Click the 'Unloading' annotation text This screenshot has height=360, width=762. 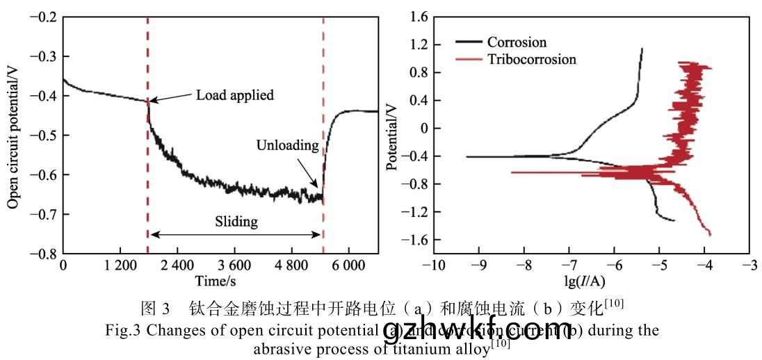(x=287, y=146)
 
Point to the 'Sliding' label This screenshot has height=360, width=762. (x=236, y=222)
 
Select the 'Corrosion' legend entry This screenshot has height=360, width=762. (x=517, y=42)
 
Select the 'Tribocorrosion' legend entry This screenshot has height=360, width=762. (x=531, y=59)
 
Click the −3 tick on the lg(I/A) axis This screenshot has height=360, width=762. (x=748, y=265)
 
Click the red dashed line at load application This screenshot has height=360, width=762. (x=147, y=69)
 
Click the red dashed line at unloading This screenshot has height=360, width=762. (x=323, y=69)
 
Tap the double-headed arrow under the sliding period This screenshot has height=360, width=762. (x=236, y=235)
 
